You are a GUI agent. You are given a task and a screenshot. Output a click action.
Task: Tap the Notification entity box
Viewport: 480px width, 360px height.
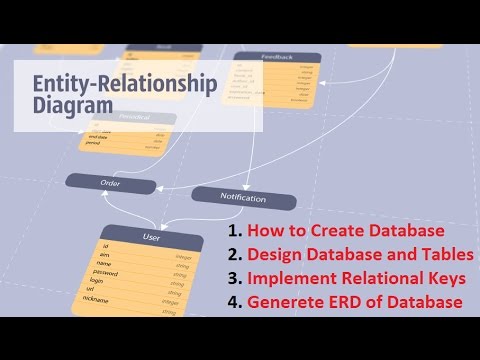point(242,198)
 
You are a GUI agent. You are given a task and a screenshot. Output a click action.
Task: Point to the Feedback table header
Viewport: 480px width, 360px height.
point(277,59)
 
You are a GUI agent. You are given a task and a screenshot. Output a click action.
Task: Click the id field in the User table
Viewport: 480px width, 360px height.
point(106,246)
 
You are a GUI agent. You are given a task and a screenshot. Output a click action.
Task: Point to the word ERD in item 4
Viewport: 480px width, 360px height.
point(349,302)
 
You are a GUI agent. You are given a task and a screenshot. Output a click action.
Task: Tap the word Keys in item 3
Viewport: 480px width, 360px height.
point(449,278)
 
